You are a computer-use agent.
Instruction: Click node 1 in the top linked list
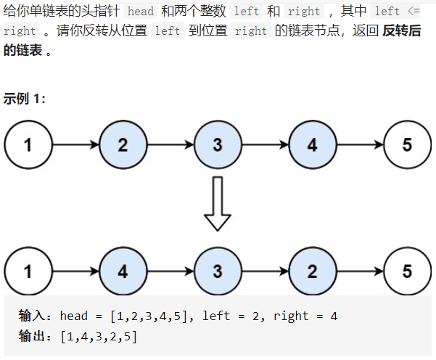click(x=28, y=144)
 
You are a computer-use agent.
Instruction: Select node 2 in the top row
click(x=123, y=144)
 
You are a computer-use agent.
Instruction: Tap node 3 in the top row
click(x=218, y=144)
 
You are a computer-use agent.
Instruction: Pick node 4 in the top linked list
click(x=312, y=144)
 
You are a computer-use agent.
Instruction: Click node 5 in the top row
click(x=406, y=144)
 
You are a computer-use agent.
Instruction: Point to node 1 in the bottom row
click(x=28, y=271)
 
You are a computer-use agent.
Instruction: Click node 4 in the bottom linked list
click(x=123, y=271)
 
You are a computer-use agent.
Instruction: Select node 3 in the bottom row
click(x=218, y=271)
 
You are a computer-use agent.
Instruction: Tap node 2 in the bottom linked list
click(x=312, y=271)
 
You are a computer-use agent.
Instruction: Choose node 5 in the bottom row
click(x=406, y=271)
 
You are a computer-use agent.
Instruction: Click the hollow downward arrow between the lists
click(x=217, y=204)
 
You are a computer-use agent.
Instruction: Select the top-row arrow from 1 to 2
click(x=75, y=144)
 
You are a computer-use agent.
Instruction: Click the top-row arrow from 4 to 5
click(x=359, y=144)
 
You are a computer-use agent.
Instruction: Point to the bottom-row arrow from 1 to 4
click(x=75, y=271)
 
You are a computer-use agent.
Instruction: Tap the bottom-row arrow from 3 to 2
click(x=265, y=271)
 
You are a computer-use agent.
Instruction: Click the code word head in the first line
click(x=141, y=12)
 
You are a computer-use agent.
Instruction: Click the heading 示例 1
click(x=24, y=99)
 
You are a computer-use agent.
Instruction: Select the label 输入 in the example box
click(x=33, y=316)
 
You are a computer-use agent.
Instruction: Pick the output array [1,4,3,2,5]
click(x=99, y=336)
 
